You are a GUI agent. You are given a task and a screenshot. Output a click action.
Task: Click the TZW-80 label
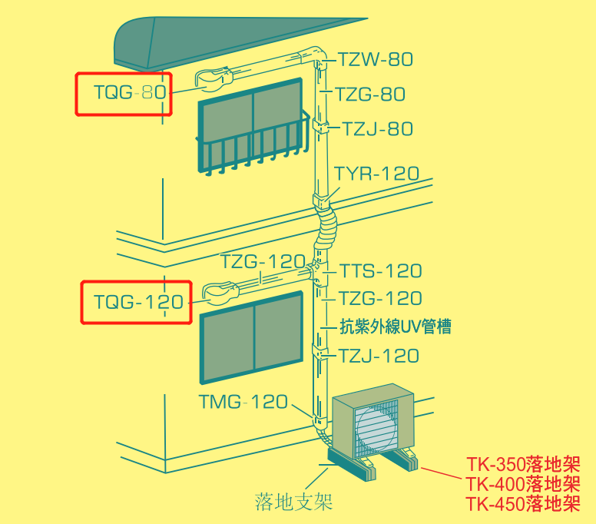375,59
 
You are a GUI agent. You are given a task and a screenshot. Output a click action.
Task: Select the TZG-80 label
370,94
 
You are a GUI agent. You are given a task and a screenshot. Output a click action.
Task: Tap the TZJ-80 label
377,128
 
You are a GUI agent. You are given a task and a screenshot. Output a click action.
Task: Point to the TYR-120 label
377,173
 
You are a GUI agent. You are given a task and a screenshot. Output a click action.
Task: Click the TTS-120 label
380,270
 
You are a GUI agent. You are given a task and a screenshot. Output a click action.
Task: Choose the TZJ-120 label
379,356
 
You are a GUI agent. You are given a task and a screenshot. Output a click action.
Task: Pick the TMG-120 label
243,402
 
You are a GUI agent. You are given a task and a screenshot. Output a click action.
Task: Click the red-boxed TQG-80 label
130,92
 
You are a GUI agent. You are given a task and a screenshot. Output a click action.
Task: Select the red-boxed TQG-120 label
139,301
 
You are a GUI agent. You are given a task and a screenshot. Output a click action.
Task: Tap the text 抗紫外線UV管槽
396,327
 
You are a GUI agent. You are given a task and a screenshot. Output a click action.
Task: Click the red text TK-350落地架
523,464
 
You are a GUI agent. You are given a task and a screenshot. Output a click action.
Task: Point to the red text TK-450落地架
523,504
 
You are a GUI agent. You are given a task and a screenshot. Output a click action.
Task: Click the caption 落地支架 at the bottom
294,501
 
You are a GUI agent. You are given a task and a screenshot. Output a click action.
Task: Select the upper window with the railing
252,125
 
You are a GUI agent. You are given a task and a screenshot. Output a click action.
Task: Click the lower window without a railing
252,337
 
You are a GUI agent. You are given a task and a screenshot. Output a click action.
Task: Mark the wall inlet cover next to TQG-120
220,293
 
